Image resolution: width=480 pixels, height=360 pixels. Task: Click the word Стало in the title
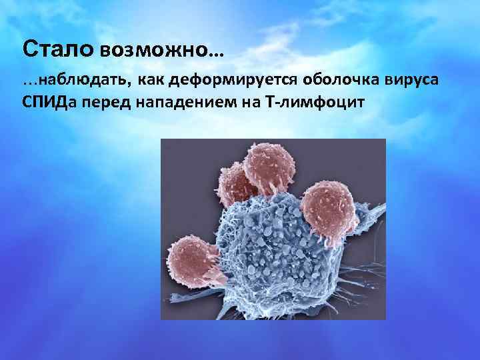click(x=59, y=49)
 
